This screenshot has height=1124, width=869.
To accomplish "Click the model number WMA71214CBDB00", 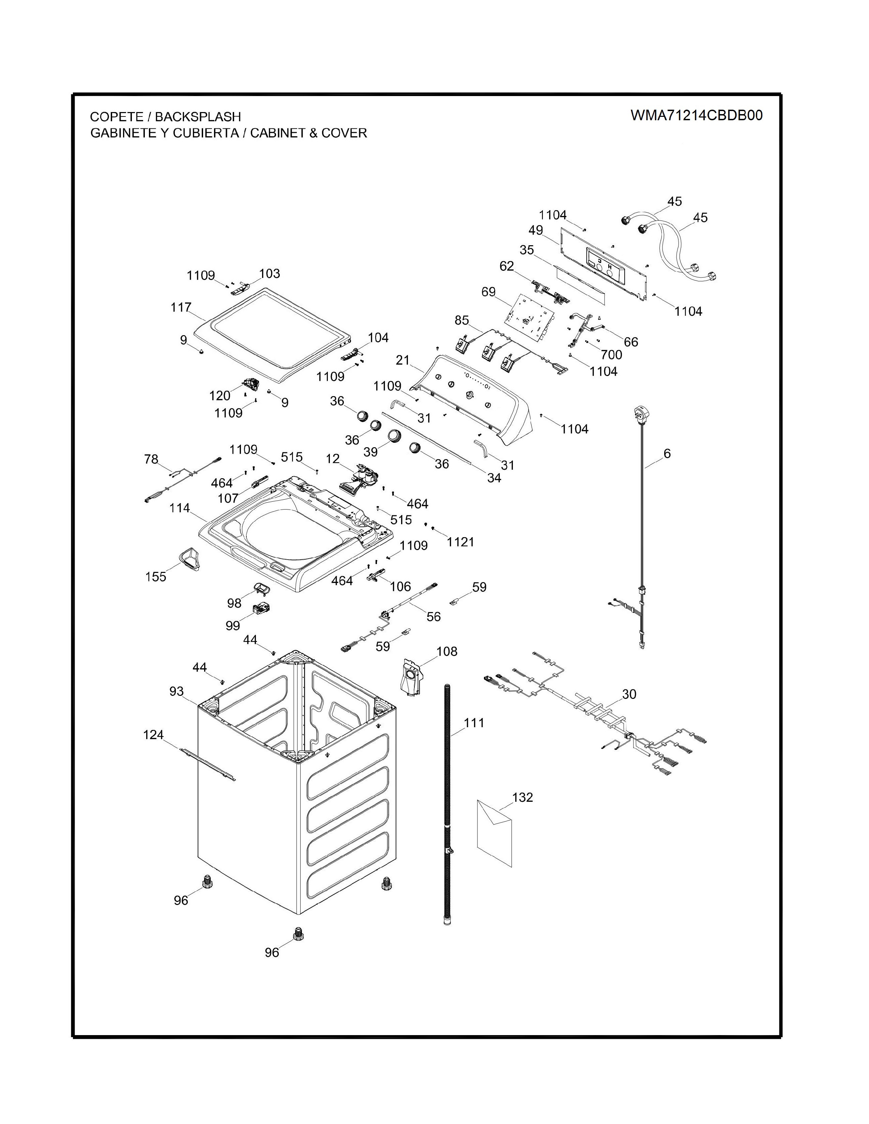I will coord(697,115).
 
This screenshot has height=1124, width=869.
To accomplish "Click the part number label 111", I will coord(474,723).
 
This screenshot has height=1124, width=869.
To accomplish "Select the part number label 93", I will coord(177,691).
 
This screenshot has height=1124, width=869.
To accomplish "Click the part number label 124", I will coord(153,735).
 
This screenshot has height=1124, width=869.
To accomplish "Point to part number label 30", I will coord(629,694).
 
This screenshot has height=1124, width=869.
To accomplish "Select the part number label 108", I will coord(446,652).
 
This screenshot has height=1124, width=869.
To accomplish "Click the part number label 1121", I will coord(460,542).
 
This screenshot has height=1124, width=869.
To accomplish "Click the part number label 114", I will coord(180,509).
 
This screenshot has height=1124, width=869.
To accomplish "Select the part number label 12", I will coord(333,457).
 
